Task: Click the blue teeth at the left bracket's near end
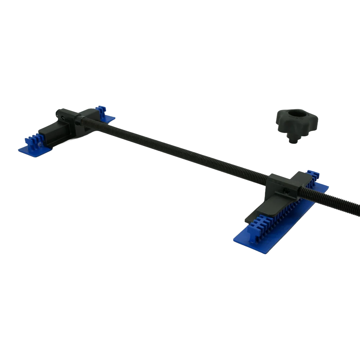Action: (x=33, y=140)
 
